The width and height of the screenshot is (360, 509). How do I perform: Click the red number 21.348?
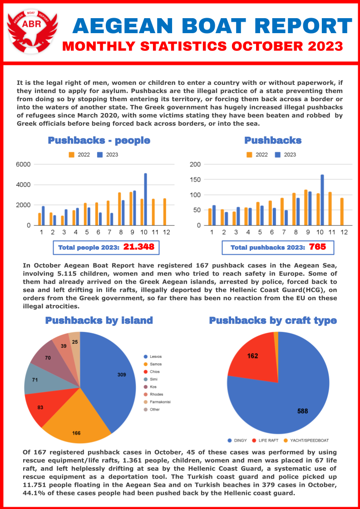click(138, 247)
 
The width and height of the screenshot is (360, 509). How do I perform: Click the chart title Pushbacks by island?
click(99, 321)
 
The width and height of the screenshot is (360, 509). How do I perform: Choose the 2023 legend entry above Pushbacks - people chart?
click(108, 155)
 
